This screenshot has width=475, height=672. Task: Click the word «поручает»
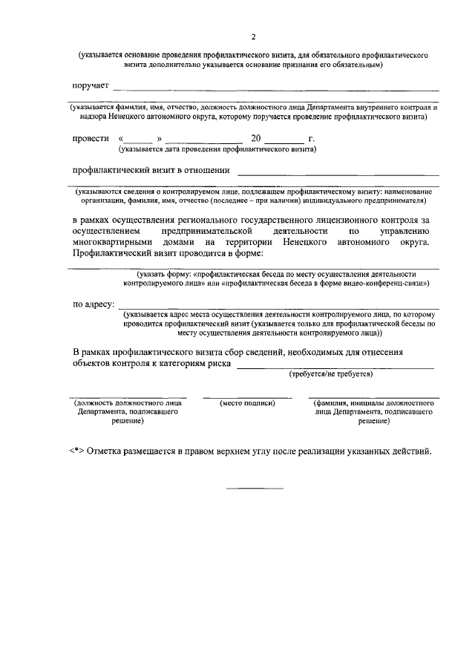(91, 87)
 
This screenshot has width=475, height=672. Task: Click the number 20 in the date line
(256, 139)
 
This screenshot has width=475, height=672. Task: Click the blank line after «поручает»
(275, 91)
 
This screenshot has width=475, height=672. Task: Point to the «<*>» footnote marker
(75, 451)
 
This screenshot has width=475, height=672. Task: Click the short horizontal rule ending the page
(255, 488)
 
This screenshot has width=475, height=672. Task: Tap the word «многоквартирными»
(111, 242)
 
